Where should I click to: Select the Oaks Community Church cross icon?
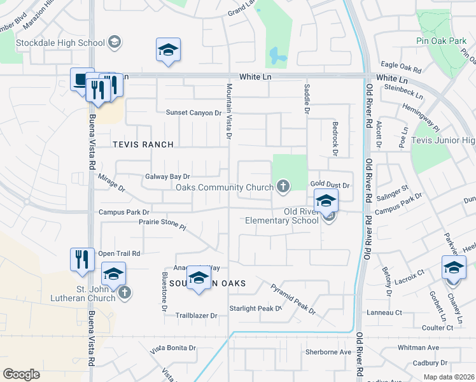283,187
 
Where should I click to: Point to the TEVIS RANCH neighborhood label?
143,145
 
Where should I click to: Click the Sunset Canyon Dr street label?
193,113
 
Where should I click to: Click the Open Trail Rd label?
118,253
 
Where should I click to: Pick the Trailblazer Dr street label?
197,315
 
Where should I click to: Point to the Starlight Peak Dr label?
255,309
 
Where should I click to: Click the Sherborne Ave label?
328,351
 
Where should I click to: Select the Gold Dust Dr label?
330,185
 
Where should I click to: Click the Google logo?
21,374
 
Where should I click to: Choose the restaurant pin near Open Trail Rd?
82,259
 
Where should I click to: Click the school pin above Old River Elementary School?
326,201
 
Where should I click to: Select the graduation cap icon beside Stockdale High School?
115,43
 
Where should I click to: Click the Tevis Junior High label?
444,140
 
